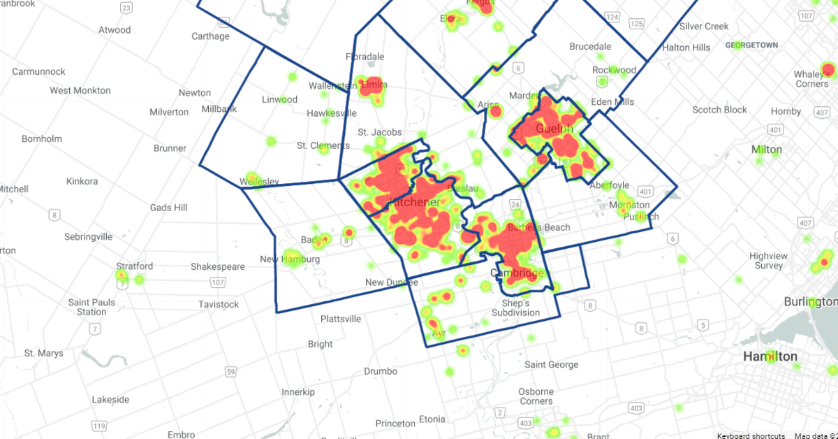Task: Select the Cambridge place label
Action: [516, 273]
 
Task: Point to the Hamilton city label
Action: [770, 357]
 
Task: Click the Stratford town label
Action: [134, 266]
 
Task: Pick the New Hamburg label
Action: [290, 259]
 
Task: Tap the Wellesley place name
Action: [259, 182]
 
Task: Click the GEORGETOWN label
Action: [751, 45]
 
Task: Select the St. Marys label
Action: [43, 353]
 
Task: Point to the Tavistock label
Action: [219, 304]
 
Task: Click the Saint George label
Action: [551, 364]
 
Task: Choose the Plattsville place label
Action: [341, 319]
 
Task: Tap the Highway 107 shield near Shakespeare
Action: [217, 282]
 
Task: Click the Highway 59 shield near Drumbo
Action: [231, 371]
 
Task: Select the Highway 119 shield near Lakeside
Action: [100, 426]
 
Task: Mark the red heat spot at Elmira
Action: [370, 87]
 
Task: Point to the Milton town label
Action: [766, 150]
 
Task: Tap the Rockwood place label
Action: [614, 70]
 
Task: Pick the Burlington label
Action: [810, 302]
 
